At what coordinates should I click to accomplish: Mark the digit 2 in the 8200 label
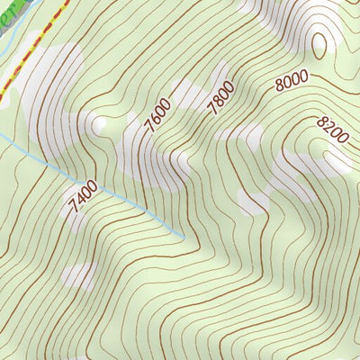tap(328, 127)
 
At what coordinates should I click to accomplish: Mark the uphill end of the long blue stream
tap(185, 239)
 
